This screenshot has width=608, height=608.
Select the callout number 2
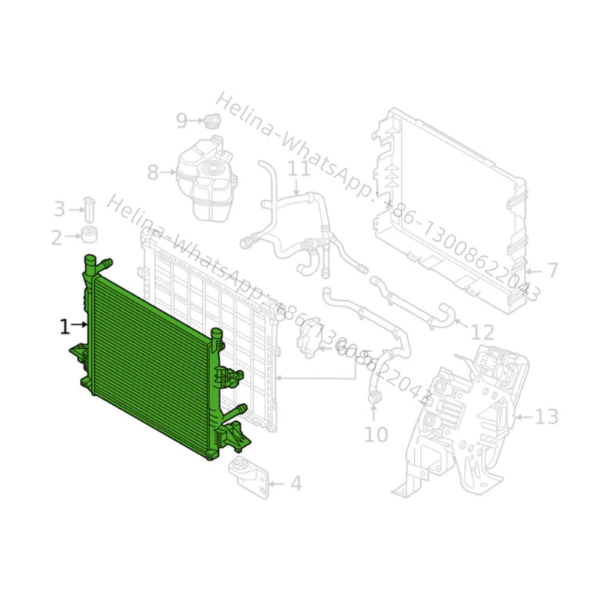click(56, 238)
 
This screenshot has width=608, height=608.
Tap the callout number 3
click(59, 208)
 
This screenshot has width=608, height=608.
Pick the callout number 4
click(296, 483)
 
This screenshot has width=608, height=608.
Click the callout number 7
click(552, 270)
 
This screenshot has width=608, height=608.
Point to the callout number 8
click(153, 173)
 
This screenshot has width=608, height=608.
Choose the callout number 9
click(182, 120)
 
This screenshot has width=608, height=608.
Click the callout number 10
click(375, 434)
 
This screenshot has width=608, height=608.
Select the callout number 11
click(299, 167)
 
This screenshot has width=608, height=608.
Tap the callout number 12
click(483, 331)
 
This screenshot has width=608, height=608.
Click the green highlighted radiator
click(152, 357)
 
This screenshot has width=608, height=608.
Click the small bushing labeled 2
click(90, 233)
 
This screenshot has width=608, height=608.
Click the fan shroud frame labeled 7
click(448, 205)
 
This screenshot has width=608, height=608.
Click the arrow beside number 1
click(80, 326)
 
